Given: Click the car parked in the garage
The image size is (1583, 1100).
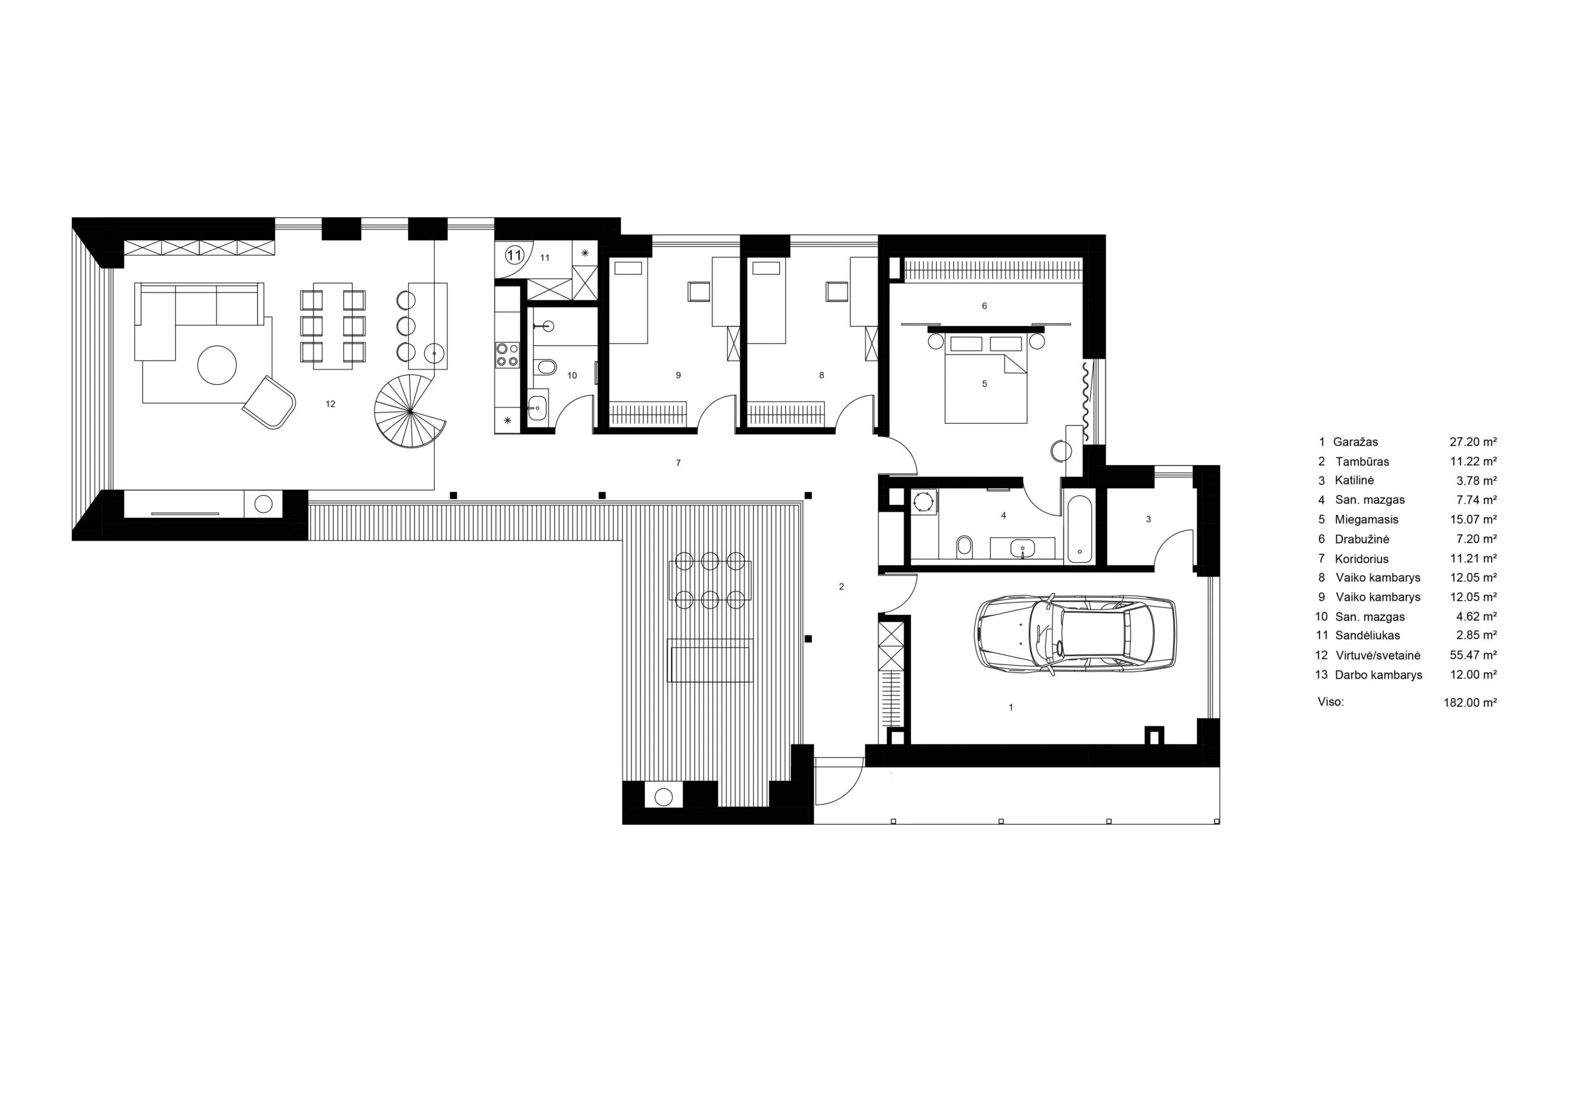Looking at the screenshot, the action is coord(1075,633).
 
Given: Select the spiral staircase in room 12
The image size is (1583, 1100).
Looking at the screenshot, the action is coord(410,411).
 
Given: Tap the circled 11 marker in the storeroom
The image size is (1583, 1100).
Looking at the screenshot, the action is coord(514,255).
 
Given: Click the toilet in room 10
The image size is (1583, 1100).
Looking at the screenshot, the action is coord(546,367).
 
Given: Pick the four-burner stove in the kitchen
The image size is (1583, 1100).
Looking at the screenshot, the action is coord(508,355).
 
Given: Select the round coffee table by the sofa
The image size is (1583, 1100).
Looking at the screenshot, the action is coord(217,364).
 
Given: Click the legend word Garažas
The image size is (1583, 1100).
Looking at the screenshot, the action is coord(1355,442).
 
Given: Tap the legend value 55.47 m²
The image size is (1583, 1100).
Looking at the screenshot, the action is coord(1474,655).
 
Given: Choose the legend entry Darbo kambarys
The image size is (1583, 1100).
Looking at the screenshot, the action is coord(1378,675).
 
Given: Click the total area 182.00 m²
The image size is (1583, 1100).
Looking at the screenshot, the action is coord(1470,702).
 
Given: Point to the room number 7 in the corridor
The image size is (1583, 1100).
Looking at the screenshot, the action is coord(678,463).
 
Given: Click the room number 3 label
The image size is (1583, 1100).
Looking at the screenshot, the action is coord(1148,519).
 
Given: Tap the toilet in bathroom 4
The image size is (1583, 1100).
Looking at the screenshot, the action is coord(965,546).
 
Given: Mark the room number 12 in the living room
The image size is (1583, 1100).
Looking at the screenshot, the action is coord(331,404).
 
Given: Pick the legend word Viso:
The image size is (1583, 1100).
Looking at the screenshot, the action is coord(1331,702).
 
